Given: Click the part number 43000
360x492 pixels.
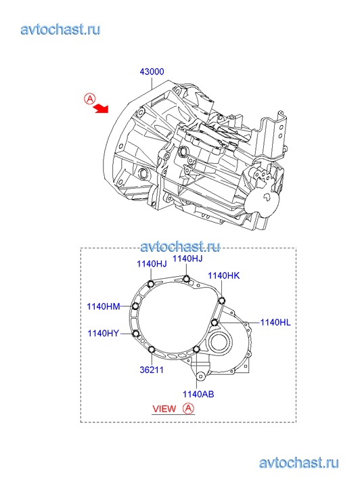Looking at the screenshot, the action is [152, 72].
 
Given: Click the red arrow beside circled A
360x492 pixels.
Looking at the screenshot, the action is [101, 108].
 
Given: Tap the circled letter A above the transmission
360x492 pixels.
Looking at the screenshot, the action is [90, 99].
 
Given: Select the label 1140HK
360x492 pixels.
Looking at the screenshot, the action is [224, 276].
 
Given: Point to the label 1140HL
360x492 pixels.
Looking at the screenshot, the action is [275, 322].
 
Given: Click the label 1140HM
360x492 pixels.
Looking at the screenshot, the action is [104, 307].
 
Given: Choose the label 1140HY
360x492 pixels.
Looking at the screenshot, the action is [104, 333].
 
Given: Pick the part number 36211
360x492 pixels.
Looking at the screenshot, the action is [152, 370].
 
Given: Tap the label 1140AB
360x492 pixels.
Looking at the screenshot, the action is [198, 394].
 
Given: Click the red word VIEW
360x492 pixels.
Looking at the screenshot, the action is [164, 409].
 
